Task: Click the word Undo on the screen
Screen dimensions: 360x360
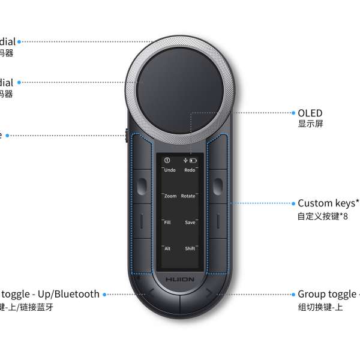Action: [x=170, y=170]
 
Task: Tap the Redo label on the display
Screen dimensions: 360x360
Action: [x=190, y=170]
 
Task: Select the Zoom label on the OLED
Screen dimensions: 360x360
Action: [x=170, y=196]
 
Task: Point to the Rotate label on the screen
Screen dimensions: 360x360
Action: [x=188, y=196]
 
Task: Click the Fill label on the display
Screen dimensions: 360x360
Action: [x=168, y=223]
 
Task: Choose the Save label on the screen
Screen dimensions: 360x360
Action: [x=190, y=223]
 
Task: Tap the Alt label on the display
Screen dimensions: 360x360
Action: [x=168, y=248]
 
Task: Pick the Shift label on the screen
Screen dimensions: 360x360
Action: [x=190, y=248]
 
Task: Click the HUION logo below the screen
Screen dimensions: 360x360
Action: [x=180, y=280]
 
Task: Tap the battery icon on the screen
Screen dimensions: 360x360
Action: [x=193, y=161]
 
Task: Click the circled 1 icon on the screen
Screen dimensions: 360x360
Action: [x=167, y=161]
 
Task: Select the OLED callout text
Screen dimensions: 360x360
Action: [x=310, y=113]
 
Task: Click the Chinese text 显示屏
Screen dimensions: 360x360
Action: [x=311, y=124]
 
